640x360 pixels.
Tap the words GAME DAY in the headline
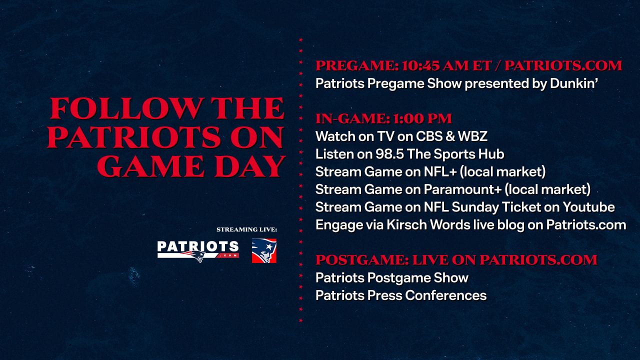[191, 166]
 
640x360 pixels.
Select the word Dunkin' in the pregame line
[574, 83]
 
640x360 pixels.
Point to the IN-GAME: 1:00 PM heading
[383, 118]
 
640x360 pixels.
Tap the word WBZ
[472, 136]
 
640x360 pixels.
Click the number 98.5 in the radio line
[389, 154]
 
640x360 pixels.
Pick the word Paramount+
[462, 189]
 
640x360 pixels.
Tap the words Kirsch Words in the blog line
[428, 225]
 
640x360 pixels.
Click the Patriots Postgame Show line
[392, 278]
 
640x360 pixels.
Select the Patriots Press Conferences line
[401, 295]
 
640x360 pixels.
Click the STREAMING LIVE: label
[246, 229]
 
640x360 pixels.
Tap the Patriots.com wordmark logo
[198, 251]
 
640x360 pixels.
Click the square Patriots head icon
[264, 250]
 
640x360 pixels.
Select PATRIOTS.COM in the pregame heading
[563, 65]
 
